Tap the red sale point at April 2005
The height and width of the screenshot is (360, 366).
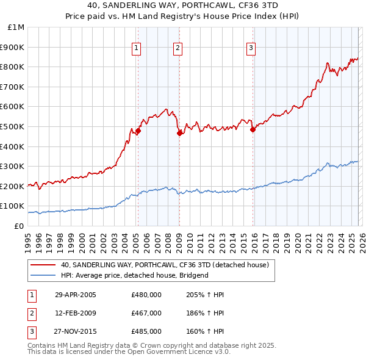138,131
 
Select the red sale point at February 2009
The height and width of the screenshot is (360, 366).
179,133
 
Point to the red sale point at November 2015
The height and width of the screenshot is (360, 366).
253,129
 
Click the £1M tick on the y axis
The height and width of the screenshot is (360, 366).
16,27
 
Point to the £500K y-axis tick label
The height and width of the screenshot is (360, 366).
14,127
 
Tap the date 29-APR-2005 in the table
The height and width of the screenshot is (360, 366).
76,295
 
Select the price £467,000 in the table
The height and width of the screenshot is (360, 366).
146,313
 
